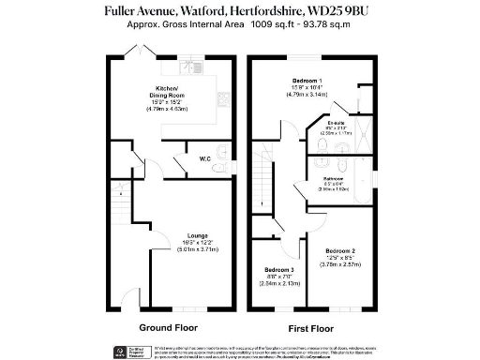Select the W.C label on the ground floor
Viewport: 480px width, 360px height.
[204, 158]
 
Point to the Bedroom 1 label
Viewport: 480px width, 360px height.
[307, 81]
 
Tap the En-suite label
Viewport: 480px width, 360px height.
[336, 123]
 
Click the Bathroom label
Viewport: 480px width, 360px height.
[335, 178]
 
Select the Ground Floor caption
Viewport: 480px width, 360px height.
[168, 328]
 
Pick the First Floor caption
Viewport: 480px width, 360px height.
[310, 328]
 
